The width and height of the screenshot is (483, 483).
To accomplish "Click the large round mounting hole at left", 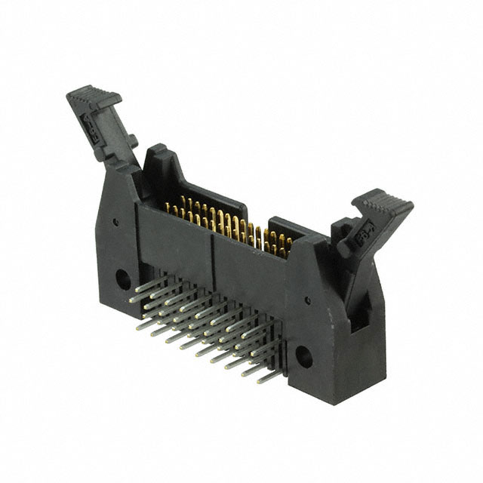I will click(122, 279).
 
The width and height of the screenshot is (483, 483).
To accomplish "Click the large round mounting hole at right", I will click(303, 357).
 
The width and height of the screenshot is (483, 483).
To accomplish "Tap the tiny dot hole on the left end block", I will click(115, 223).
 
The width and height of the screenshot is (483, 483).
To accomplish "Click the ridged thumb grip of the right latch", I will click(383, 203).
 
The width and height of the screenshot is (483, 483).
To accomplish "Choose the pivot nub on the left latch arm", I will click(131, 141).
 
